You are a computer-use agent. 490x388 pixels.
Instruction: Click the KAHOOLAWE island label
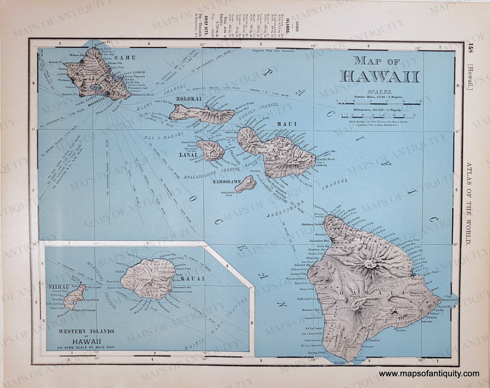227,182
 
